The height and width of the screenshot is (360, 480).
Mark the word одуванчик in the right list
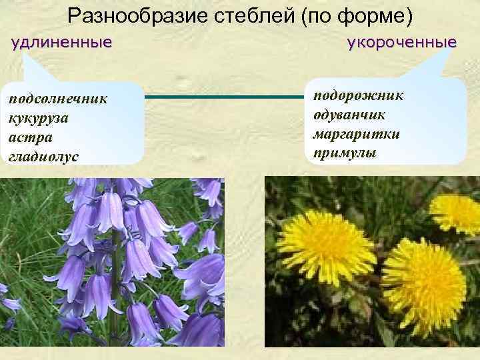[x=353, y=114]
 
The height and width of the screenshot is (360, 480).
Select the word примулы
[x=343, y=153]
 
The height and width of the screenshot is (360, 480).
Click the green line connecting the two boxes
[x=223, y=97]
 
